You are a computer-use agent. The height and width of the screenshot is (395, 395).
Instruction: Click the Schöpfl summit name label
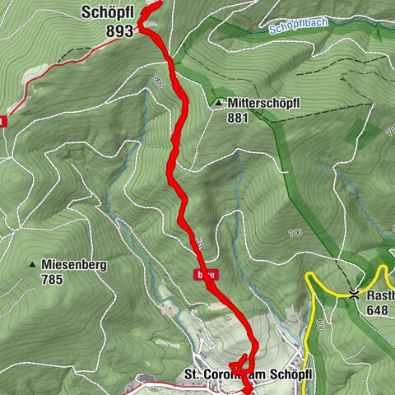(x=107, y=12)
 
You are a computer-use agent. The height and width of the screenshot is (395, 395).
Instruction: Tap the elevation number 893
(x=119, y=30)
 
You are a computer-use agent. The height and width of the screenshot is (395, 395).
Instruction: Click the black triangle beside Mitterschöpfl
(x=218, y=103)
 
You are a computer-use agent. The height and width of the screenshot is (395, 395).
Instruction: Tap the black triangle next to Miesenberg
(x=33, y=265)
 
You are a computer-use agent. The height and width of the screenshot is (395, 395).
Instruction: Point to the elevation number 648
(x=378, y=310)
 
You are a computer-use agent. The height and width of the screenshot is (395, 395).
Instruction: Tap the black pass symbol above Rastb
(x=354, y=294)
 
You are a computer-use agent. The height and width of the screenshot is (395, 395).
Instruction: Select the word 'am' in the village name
(x=261, y=375)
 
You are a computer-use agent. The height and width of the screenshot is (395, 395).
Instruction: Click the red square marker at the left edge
(x=2, y=121)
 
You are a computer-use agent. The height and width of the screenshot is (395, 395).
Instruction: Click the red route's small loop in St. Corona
(x=240, y=362)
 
